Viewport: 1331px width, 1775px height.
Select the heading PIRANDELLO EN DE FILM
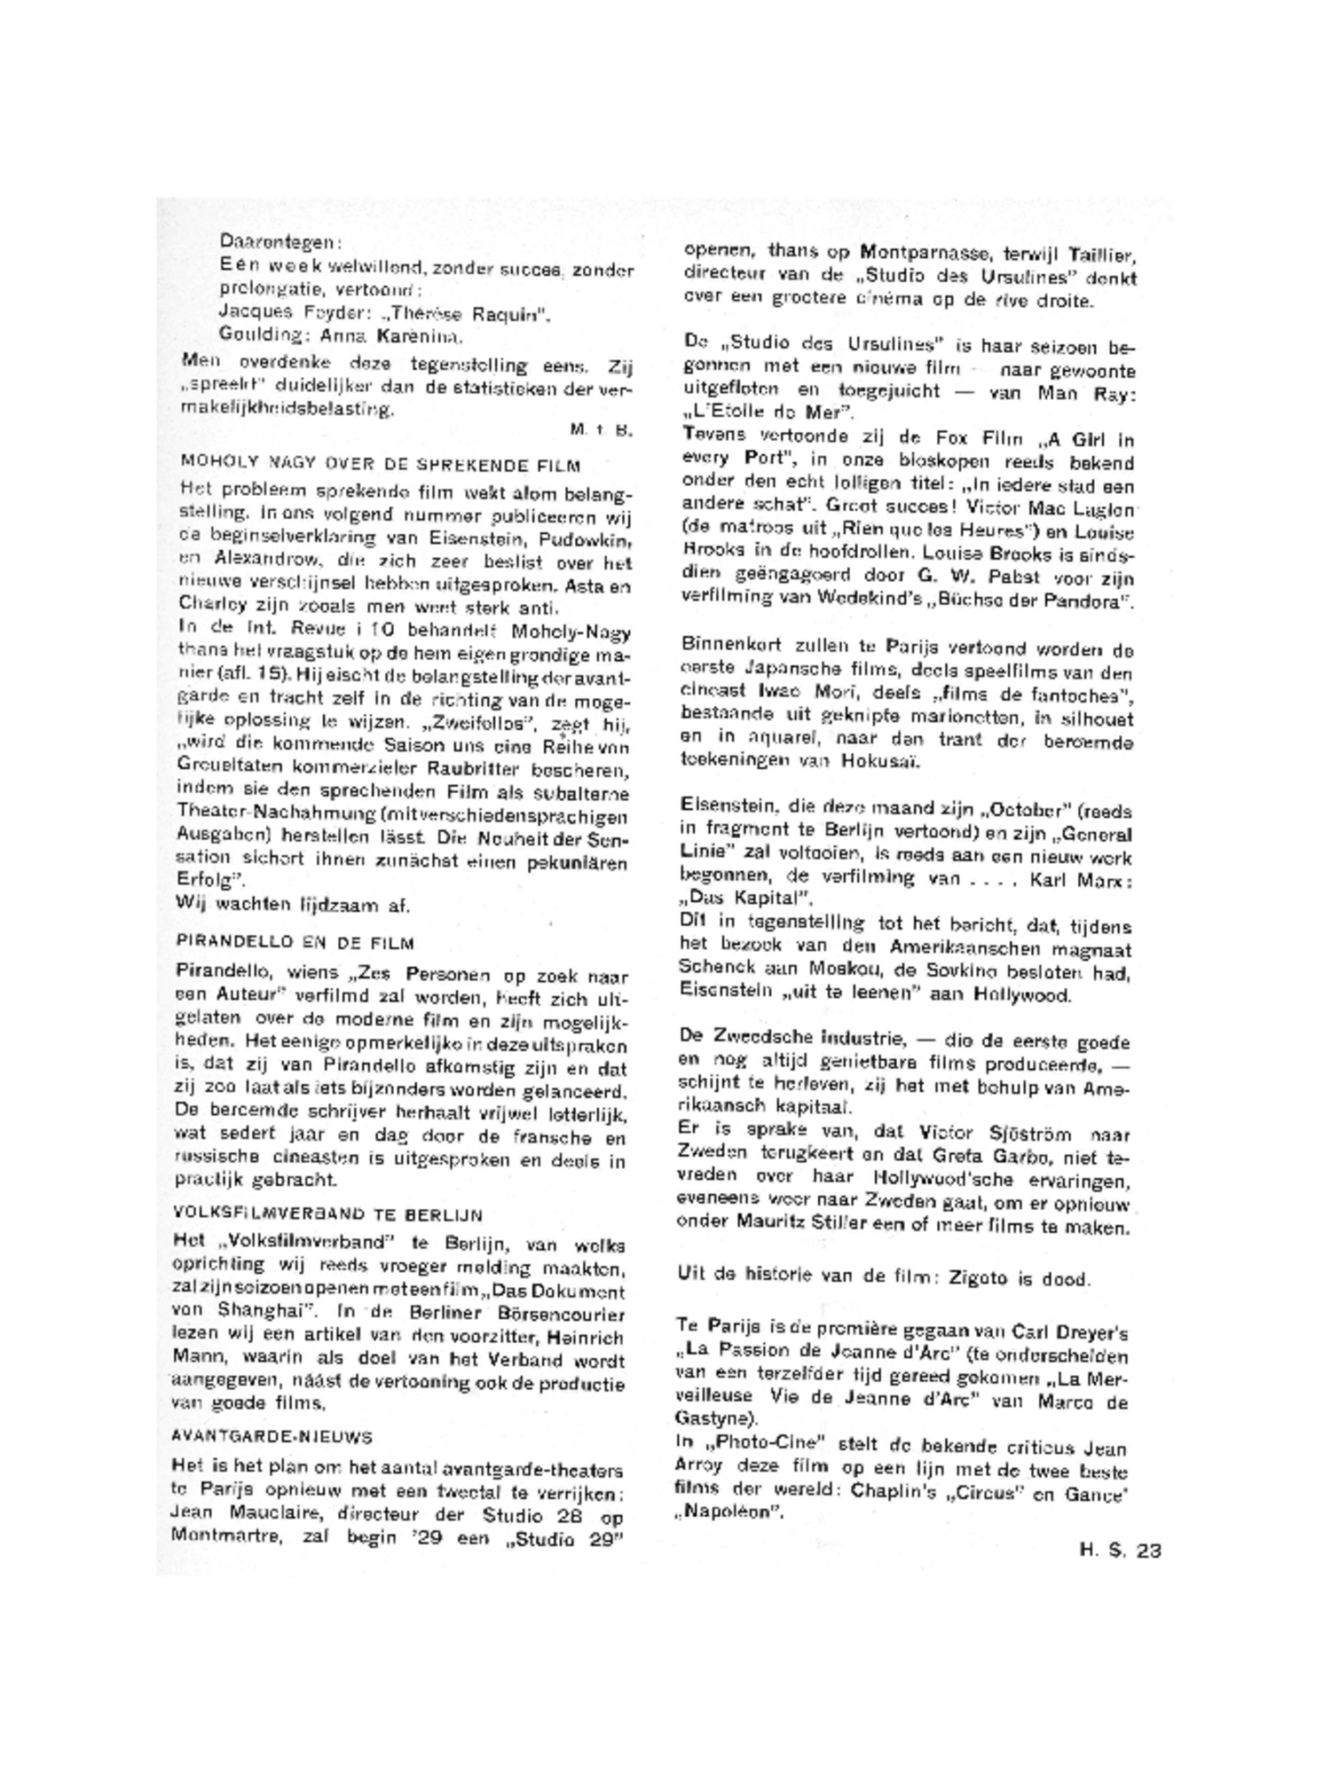(295, 942)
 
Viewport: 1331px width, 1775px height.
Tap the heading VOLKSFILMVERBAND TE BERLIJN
(327, 1214)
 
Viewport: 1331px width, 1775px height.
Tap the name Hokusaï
(886, 761)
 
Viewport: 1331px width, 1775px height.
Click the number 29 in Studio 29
(604, 1539)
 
